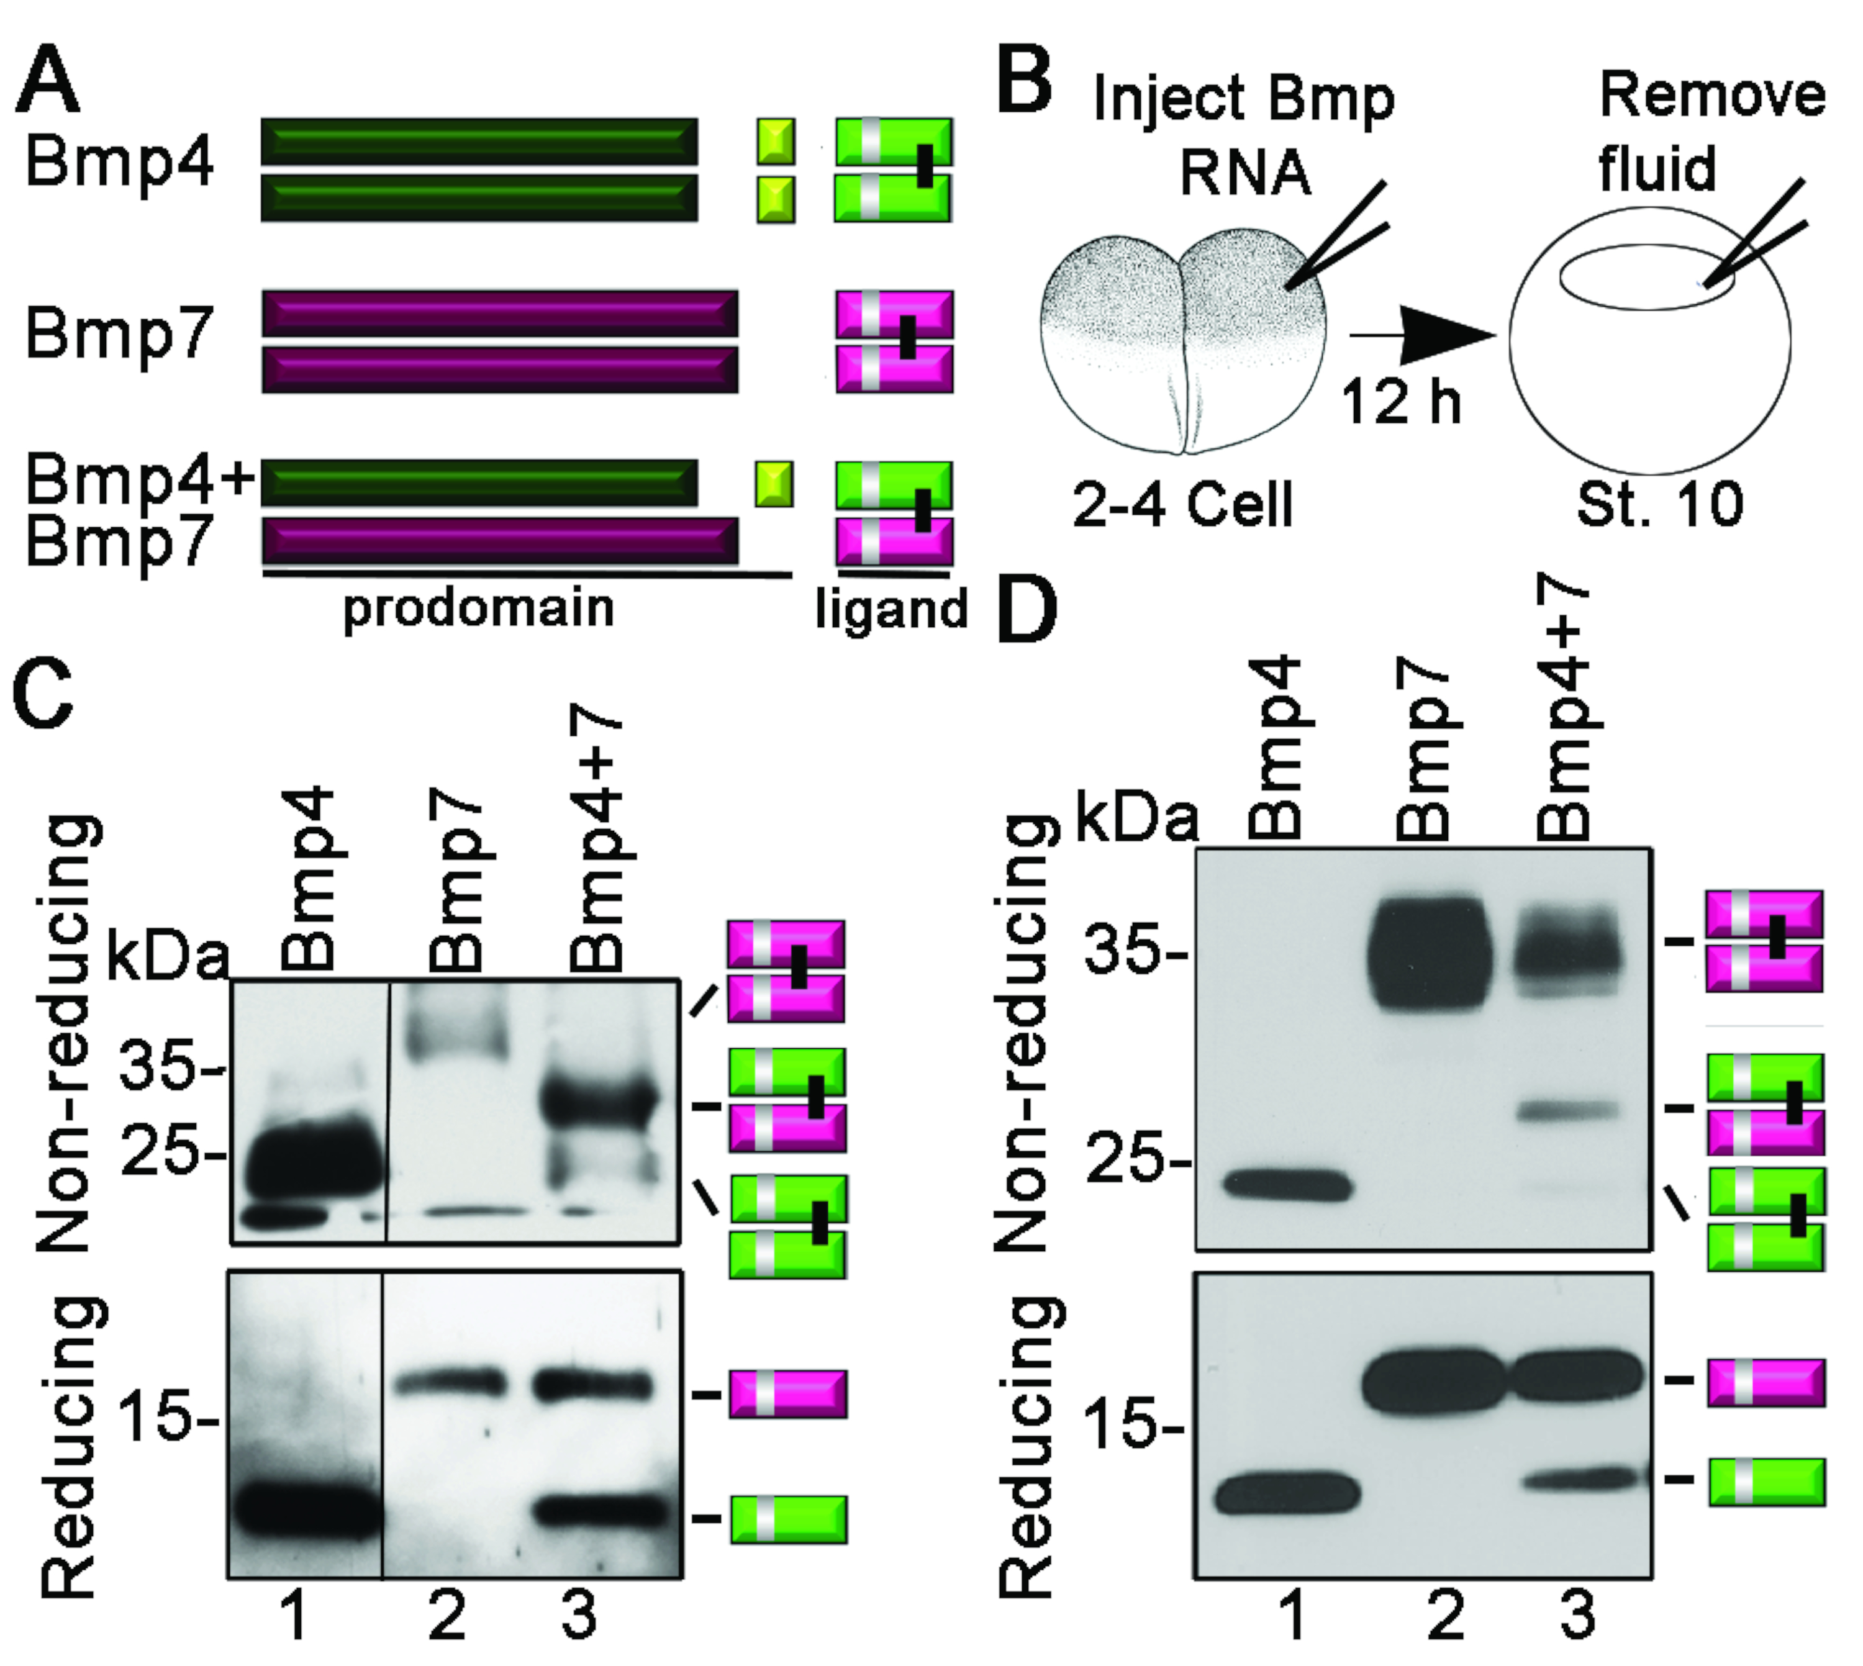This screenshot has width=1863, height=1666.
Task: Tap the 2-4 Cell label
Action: [x=1183, y=504]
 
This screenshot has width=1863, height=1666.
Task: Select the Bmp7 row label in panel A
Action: [x=119, y=334]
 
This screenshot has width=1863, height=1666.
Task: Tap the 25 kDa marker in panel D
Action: [x=1135, y=1164]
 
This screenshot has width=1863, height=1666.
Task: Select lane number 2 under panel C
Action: [x=446, y=1618]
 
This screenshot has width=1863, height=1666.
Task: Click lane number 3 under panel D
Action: [x=1577, y=1618]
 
